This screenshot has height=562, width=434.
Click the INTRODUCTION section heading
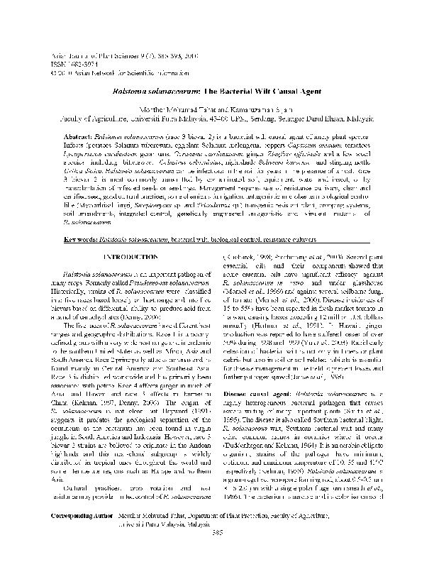(129, 255)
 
